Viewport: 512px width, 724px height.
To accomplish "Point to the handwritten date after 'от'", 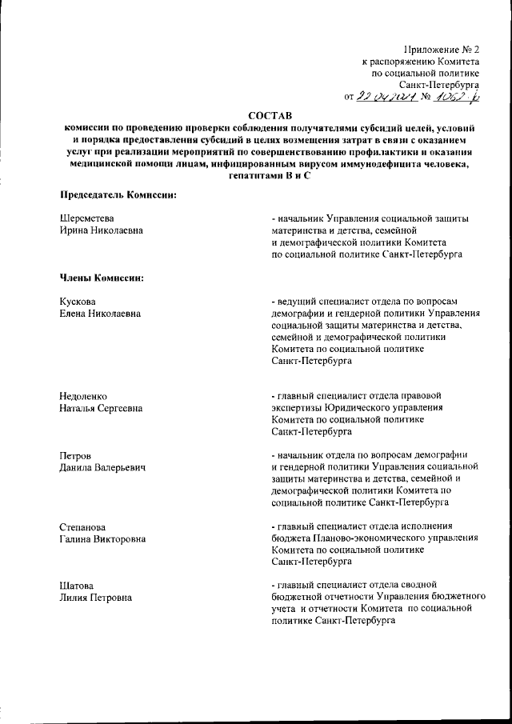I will pyautogui.click(x=387, y=96).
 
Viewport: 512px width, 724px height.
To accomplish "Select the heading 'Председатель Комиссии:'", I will pyautogui.click(x=118, y=195).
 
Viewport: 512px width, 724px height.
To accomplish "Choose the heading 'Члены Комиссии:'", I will pyautogui.click(x=101, y=278).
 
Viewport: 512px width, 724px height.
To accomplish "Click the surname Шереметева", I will pyautogui.click(x=88, y=218).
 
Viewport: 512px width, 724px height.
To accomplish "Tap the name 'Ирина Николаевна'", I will pyautogui.click(x=100, y=231).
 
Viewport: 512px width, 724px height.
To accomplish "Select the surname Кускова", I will pyautogui.click(x=78, y=302).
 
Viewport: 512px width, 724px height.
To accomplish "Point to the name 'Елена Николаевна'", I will pyautogui.click(x=100, y=314).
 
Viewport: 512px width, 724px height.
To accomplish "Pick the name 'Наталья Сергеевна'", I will pyautogui.click(x=102, y=410).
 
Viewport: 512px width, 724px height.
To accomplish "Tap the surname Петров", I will pyautogui.click(x=76, y=455).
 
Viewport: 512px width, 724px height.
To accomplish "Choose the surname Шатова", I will pyautogui.click(x=78, y=586).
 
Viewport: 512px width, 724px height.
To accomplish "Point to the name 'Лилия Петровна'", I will pyautogui.click(x=96, y=598).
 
